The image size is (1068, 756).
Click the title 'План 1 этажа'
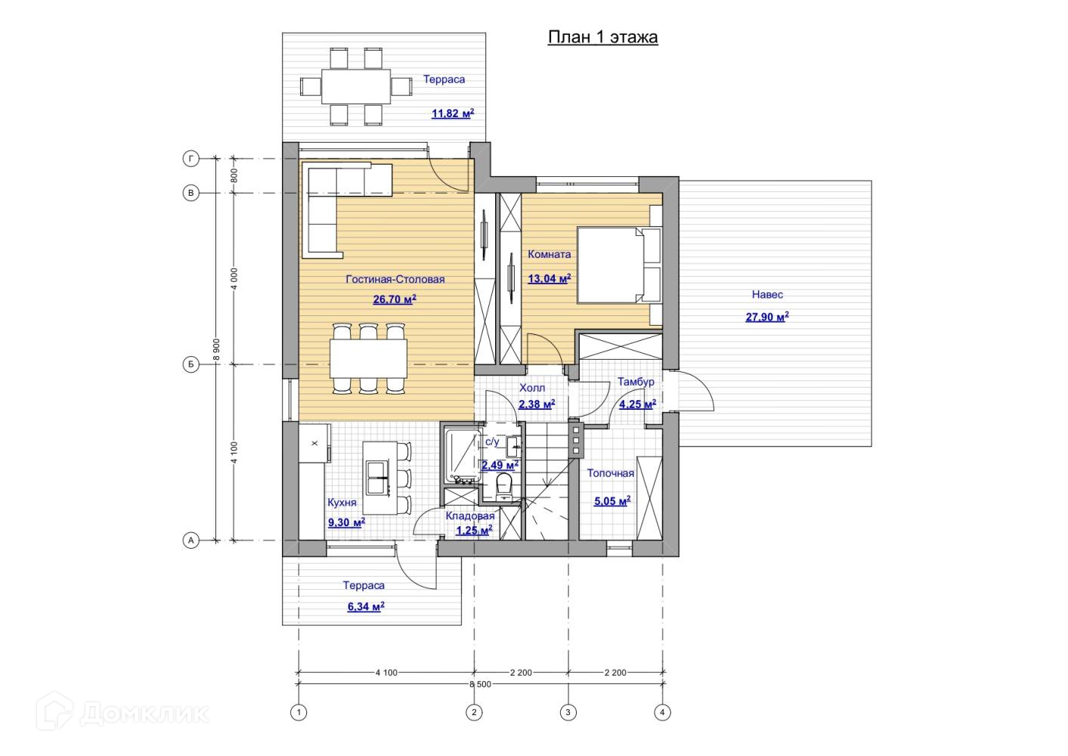tap(602, 37)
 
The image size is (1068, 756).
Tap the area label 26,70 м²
tap(395, 299)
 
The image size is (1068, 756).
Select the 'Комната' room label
tap(549, 254)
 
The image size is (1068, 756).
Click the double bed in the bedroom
tap(619, 265)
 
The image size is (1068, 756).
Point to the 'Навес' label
tap(767, 295)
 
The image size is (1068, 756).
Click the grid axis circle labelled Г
tap(191, 159)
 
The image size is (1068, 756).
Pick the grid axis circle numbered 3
tap(568, 713)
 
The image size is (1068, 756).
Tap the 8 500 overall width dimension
tap(480, 684)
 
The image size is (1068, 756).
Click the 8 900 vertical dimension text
tap(216, 349)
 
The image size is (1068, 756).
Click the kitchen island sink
tap(377, 478)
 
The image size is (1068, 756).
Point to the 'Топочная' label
tap(610, 473)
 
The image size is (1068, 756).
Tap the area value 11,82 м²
tap(453, 113)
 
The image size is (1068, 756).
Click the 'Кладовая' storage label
tap(470, 516)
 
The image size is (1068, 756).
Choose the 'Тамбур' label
tap(636, 382)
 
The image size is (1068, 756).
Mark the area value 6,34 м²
tap(366, 607)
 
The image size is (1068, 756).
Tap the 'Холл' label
tap(532, 388)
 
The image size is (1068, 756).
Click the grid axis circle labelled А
tap(191, 541)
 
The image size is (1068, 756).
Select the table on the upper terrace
tap(356, 86)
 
